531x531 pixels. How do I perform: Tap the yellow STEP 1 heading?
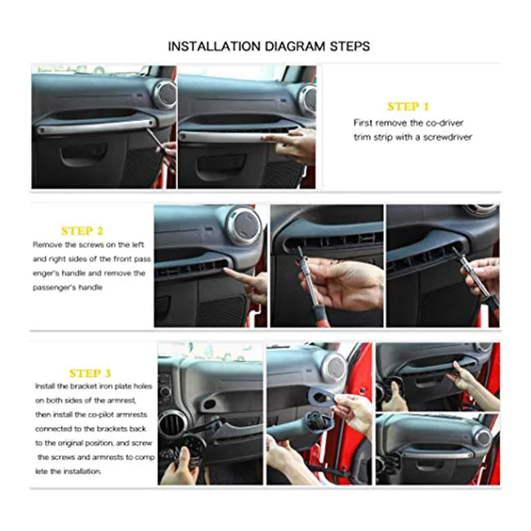tap(408, 107)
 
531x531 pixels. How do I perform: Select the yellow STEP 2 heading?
tap(83, 231)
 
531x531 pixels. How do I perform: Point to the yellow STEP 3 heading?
tap(90, 373)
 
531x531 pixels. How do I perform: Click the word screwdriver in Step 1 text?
tap(448, 137)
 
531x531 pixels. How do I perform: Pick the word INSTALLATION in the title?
tap(214, 47)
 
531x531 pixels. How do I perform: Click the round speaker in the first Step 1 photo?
tap(165, 95)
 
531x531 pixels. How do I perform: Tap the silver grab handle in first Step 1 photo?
tap(96, 126)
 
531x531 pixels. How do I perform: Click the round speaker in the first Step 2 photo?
tap(243, 226)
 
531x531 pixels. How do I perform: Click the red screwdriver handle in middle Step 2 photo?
tap(319, 315)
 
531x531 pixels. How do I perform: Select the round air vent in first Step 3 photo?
tap(172, 425)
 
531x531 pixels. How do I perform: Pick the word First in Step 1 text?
tap(363, 123)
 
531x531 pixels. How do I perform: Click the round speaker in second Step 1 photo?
tap(308, 99)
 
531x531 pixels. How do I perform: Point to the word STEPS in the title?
tap(350, 47)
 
